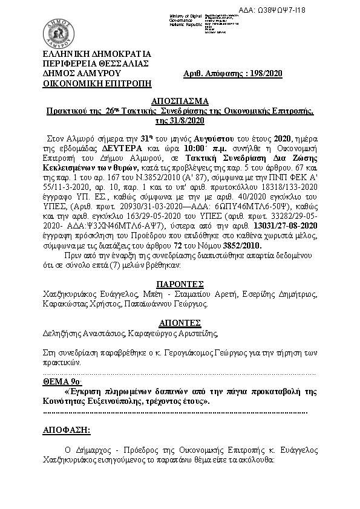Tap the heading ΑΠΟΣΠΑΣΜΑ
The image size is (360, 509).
tap(180, 101)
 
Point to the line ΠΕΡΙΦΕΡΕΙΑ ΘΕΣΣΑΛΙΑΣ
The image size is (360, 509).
tap(95, 63)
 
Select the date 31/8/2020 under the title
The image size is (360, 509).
tap(180, 121)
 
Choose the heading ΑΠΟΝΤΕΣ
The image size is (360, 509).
tap(179, 322)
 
